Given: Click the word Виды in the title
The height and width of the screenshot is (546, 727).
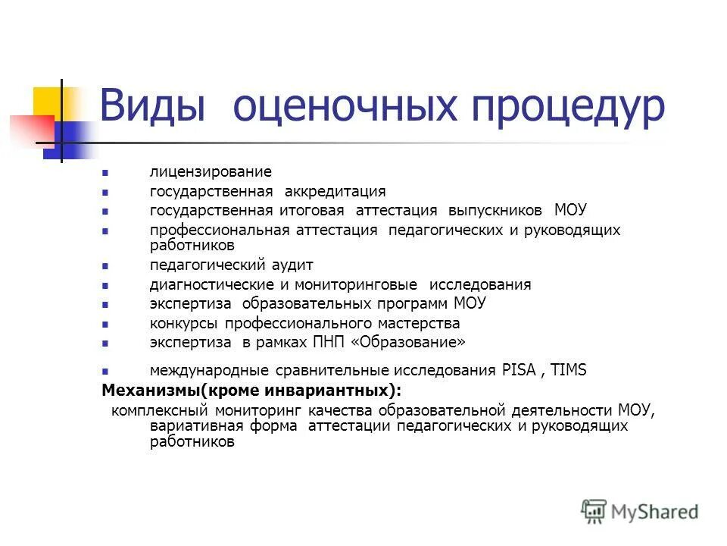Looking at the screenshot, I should pos(152,107).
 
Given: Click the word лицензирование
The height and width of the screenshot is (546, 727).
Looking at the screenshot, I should pos(210,173).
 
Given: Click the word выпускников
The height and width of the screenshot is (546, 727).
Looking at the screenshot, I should pos(495,210).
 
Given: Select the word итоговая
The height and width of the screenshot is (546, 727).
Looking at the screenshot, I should pos(309,210).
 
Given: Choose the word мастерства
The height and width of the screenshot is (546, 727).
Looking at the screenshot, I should pos(416,323).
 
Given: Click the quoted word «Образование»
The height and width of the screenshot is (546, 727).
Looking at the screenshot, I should pos(408,342).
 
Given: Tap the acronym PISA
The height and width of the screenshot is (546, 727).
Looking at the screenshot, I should pos(518,371).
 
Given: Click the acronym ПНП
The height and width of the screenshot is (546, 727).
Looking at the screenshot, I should pos(329,342).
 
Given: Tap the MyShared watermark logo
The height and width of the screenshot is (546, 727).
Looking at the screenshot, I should pos(640,512).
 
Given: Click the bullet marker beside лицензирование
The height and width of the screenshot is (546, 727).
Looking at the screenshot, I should pos(105,174).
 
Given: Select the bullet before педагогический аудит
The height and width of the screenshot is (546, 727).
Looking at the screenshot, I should pos(105,266).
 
